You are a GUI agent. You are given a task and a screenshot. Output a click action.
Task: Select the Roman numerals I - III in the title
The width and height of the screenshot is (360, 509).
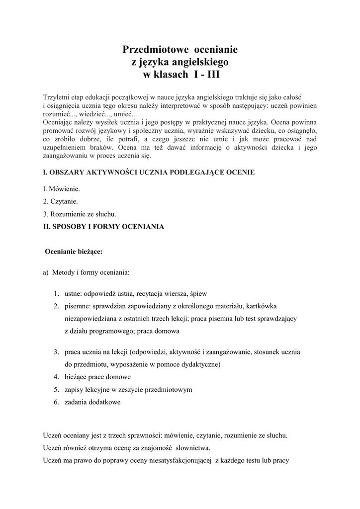pos(205,75)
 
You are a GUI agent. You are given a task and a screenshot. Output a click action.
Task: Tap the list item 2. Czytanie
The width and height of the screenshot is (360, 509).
pos(61,202)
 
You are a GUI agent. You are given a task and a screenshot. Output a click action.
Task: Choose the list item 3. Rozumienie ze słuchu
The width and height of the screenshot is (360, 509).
pos(80,214)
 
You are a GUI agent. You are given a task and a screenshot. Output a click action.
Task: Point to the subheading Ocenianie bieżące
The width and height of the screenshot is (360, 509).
pos(74,252)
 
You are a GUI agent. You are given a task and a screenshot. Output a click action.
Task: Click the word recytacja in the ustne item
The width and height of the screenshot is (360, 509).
pos(150,293)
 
